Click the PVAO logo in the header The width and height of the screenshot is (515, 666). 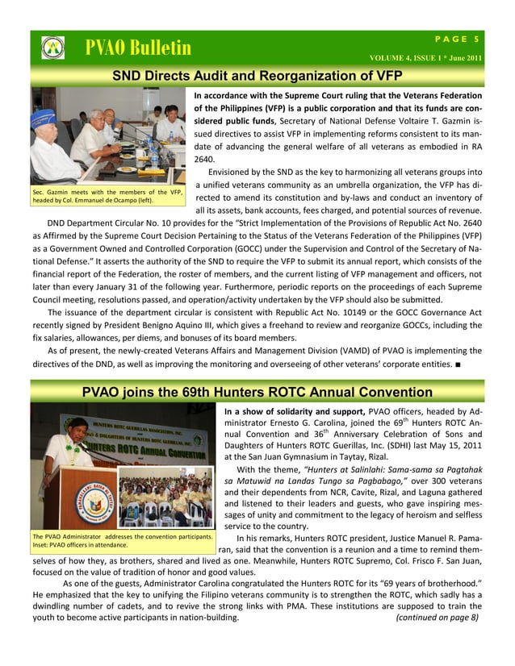[52, 48]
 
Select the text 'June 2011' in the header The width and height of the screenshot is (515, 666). [463, 58]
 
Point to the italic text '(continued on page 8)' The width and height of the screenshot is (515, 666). [438, 617]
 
